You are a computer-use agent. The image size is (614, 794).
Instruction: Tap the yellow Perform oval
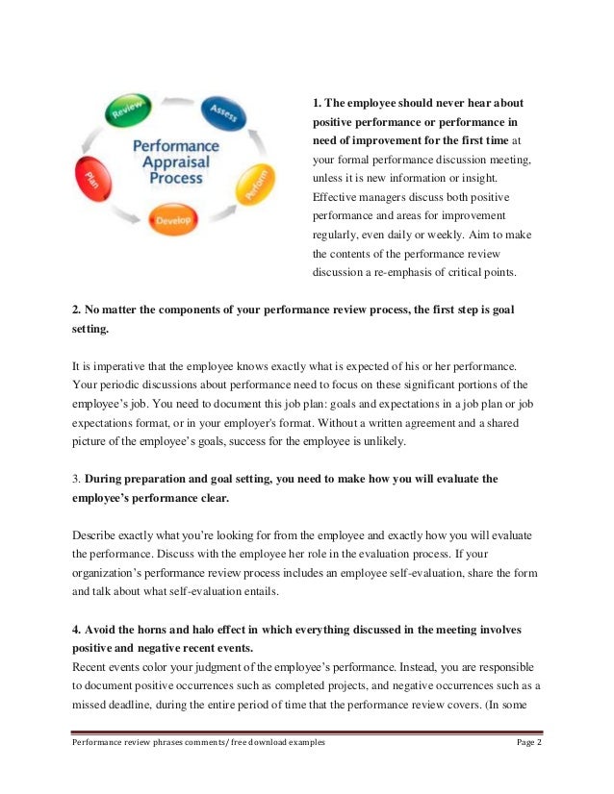tap(253, 182)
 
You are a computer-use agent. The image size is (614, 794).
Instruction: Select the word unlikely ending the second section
tap(382, 441)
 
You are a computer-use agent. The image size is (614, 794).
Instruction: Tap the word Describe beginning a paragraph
tap(94, 533)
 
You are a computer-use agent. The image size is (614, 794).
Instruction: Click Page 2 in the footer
tap(527, 744)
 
